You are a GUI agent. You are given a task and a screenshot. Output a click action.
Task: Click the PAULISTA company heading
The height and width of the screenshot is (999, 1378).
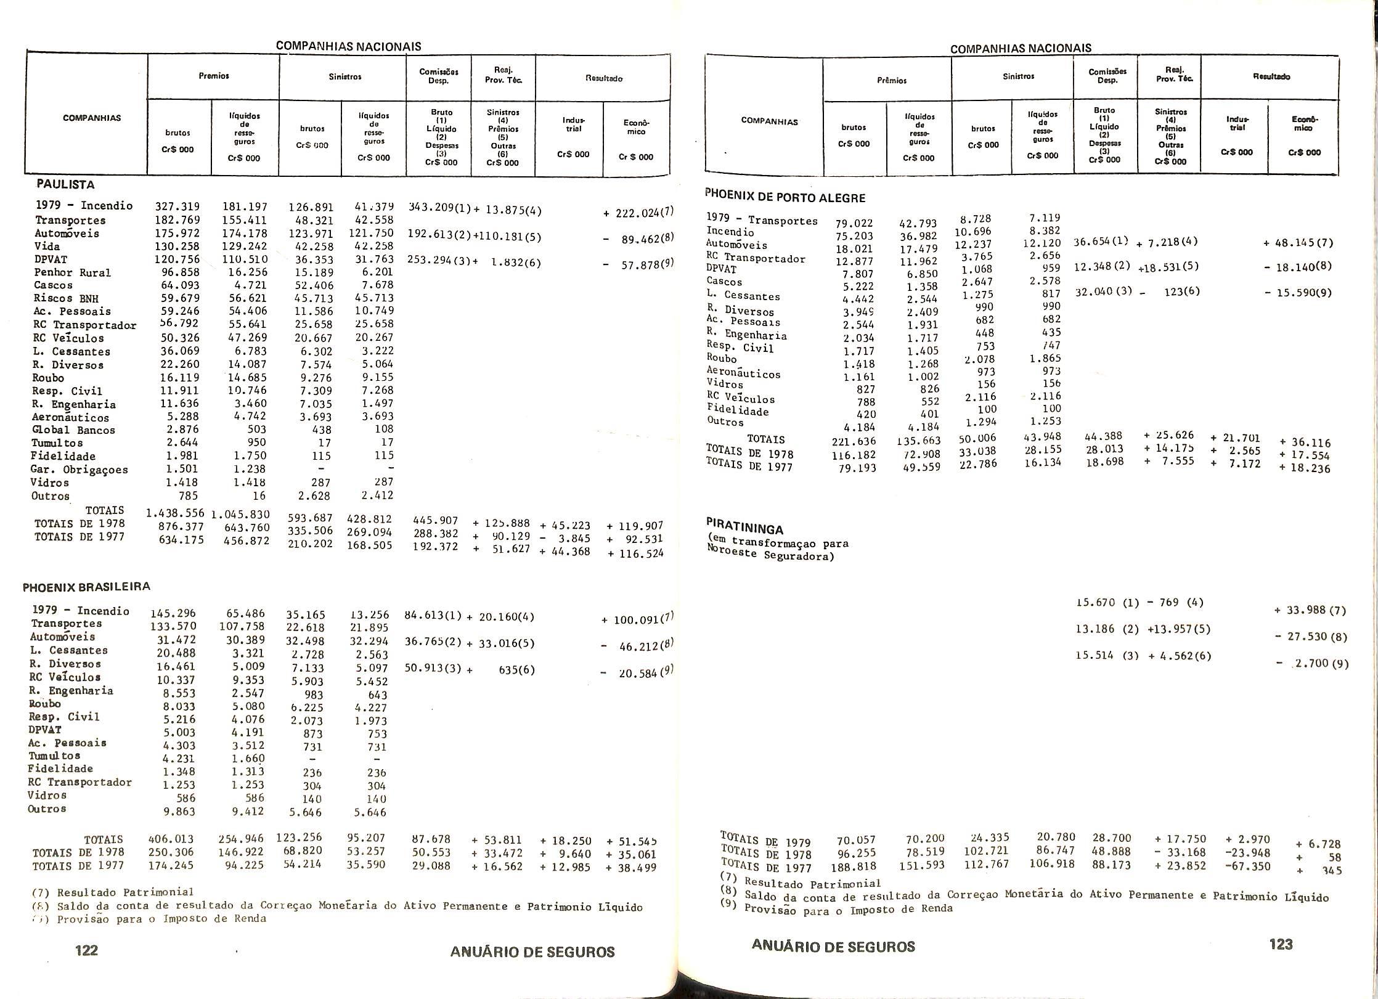pyautogui.click(x=65, y=184)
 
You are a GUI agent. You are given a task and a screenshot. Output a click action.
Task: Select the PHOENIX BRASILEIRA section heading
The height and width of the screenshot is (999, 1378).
pyautogui.click(x=86, y=587)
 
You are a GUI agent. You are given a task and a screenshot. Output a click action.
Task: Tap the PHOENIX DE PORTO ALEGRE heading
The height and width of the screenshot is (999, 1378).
pyautogui.click(x=786, y=197)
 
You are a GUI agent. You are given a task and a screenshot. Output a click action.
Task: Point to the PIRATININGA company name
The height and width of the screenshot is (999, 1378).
pyautogui.click(x=744, y=528)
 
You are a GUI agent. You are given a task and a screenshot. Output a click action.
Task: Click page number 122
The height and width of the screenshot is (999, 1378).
pyautogui.click(x=86, y=950)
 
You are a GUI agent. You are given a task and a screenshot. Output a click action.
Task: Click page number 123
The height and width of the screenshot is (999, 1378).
pyautogui.click(x=1281, y=944)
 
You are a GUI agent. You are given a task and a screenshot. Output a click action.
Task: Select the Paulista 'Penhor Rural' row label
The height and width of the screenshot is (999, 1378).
pyautogui.click(x=72, y=272)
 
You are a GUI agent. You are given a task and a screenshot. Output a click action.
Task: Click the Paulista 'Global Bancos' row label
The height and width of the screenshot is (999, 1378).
pyautogui.click(x=73, y=430)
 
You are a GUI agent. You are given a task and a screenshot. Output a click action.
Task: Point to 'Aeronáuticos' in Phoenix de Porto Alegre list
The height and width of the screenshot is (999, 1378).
pyautogui.click(x=743, y=373)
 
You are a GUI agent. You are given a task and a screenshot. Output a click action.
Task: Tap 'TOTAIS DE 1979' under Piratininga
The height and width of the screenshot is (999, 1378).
pyautogui.click(x=765, y=841)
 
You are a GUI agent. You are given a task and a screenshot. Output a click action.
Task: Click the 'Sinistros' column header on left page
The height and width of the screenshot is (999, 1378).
pyautogui.click(x=344, y=77)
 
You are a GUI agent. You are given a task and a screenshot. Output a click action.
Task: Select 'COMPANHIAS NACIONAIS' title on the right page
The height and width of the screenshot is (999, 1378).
pyautogui.click(x=1021, y=48)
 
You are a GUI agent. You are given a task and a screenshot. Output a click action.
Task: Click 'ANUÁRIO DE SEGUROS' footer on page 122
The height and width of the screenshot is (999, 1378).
pyautogui.click(x=532, y=952)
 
